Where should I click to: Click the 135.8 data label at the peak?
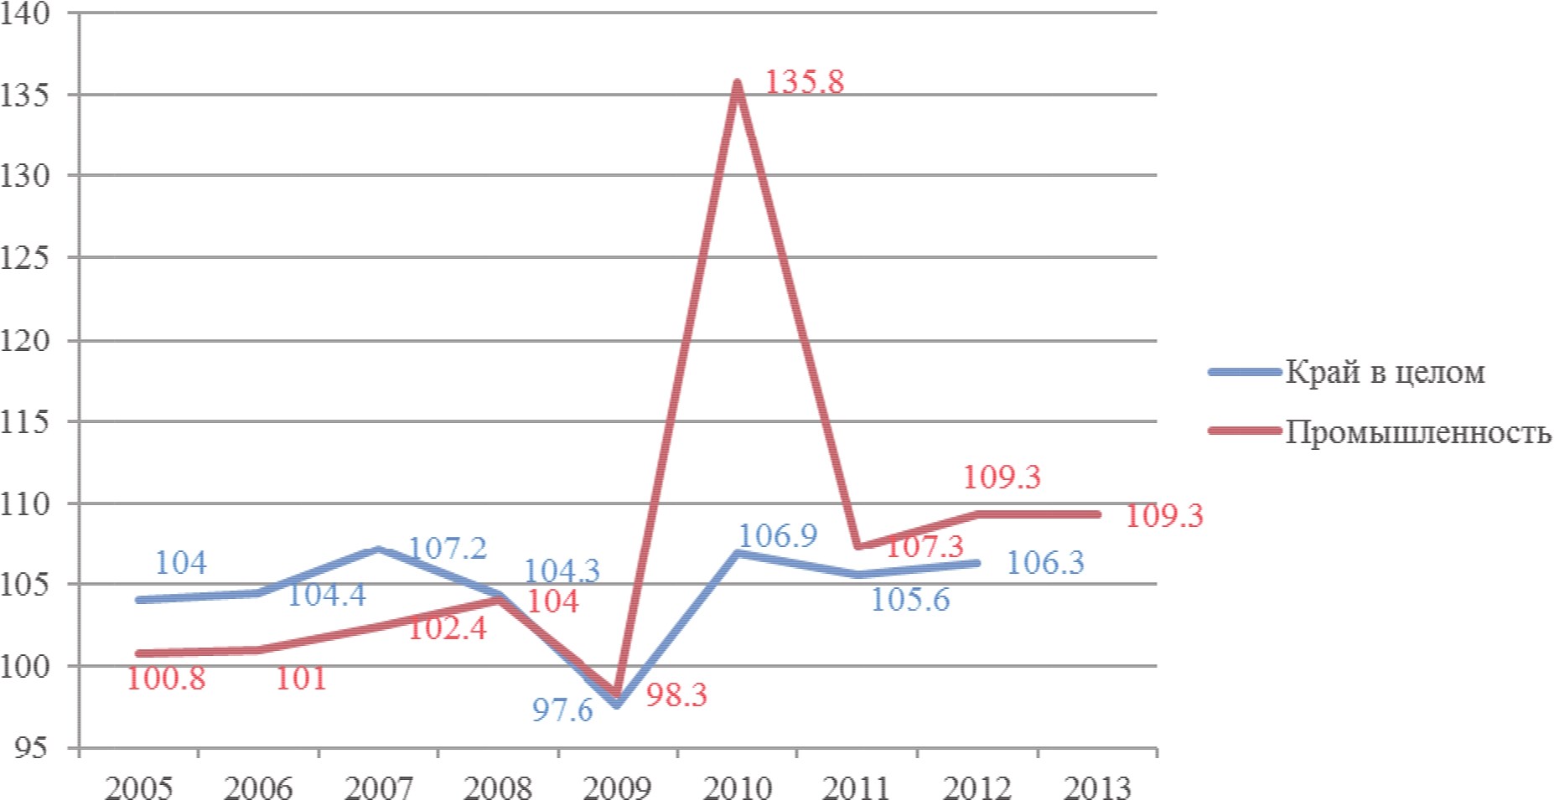(804, 82)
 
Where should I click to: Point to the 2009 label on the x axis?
(618, 787)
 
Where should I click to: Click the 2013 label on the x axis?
(1098, 787)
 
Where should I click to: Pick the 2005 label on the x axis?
(138, 787)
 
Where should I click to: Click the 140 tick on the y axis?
(25, 14)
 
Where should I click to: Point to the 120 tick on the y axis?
(25, 340)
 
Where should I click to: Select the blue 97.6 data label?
(562, 710)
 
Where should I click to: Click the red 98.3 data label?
(676, 694)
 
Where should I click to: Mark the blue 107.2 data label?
(447, 549)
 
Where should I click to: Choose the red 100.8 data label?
(166, 679)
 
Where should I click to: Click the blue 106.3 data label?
(1044, 562)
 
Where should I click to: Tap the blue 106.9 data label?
(777, 535)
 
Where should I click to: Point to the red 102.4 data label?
(447, 628)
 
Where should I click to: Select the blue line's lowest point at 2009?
(618, 706)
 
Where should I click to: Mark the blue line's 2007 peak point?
(378, 549)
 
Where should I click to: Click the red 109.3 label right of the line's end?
(1163, 515)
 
